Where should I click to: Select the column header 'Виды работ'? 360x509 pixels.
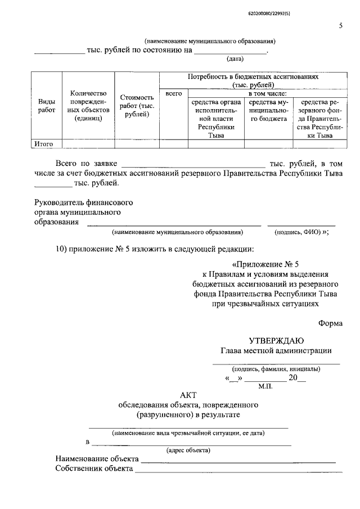pyautogui.click(x=46, y=105)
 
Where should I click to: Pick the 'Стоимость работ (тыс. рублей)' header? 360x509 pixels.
pyautogui.click(x=137, y=106)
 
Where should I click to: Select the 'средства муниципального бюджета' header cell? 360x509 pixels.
pyautogui.click(x=268, y=111)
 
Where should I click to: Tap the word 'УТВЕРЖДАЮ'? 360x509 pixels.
pyautogui.click(x=276, y=340)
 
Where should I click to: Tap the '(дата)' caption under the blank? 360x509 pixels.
pyautogui.click(x=235, y=58)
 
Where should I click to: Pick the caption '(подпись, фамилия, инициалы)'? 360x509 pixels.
pyautogui.click(x=276, y=369)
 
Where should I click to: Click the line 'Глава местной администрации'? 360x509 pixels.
pyautogui.click(x=276, y=351)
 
